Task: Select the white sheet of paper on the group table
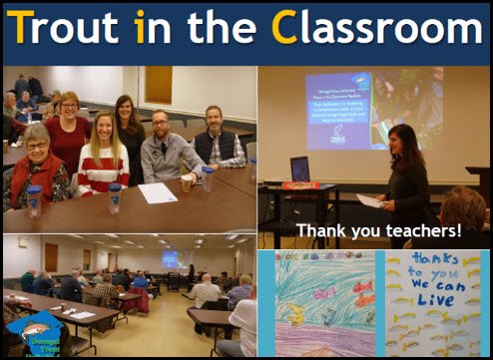click(x=157, y=192)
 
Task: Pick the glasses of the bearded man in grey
click(x=160, y=129)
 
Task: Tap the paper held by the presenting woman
click(x=369, y=199)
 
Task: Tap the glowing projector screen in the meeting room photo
click(x=170, y=258)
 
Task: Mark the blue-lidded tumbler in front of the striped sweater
click(x=115, y=197)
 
